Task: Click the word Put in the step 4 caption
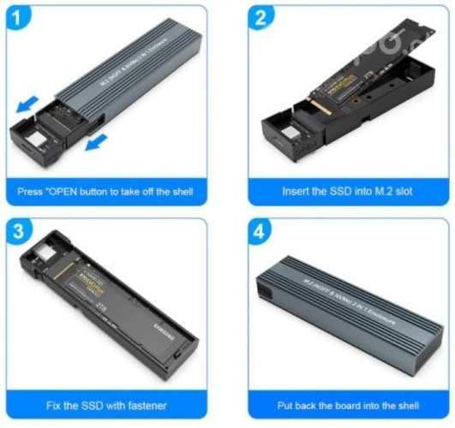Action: pos(287,405)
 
